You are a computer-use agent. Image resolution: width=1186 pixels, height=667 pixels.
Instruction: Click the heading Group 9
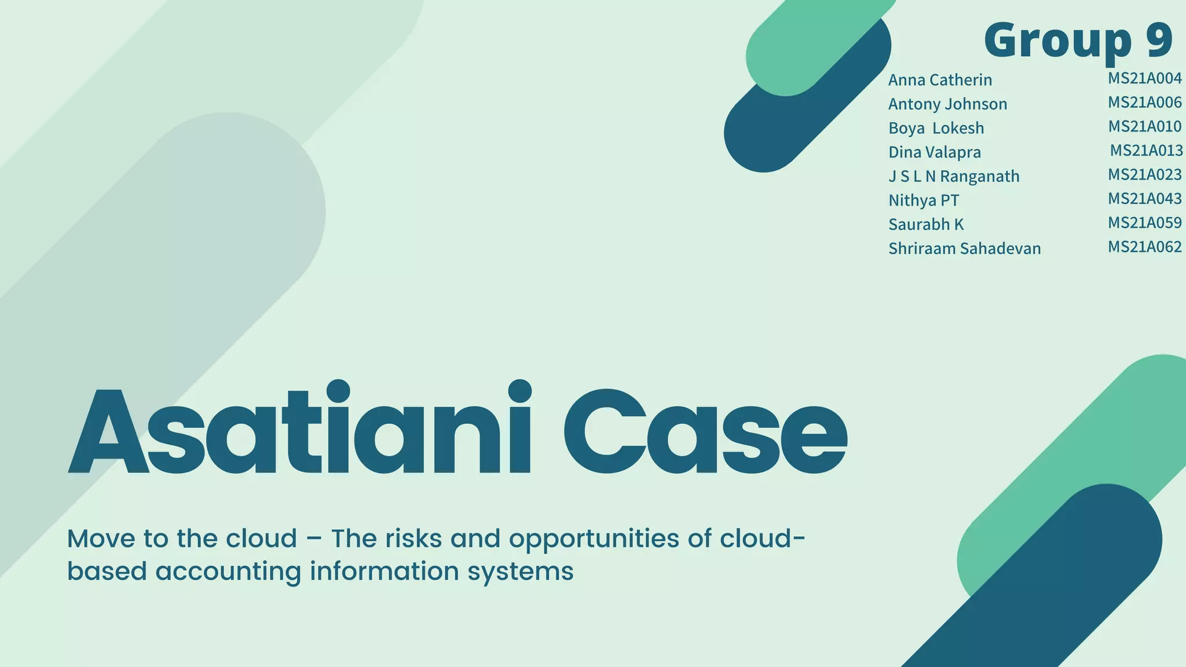[1078, 40]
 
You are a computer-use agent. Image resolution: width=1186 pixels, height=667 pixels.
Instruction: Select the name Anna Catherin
[940, 80]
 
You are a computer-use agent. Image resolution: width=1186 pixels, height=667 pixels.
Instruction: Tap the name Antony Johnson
[947, 104]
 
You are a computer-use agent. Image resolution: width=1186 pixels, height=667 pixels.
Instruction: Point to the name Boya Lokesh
[936, 128]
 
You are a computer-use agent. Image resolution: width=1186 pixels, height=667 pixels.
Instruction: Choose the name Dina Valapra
[935, 152]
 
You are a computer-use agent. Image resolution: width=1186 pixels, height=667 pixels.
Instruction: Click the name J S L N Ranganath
[954, 176]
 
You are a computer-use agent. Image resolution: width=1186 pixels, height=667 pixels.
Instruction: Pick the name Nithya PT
[924, 200]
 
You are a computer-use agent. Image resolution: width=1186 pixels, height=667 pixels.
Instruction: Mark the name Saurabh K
[926, 225]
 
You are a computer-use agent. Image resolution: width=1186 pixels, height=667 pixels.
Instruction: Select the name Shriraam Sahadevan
[964, 248]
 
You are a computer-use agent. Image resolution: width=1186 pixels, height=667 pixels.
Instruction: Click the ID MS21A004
[1144, 78]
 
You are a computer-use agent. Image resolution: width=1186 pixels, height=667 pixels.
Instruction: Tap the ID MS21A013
[1146, 151]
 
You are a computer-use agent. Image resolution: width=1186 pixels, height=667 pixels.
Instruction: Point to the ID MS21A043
[1144, 199]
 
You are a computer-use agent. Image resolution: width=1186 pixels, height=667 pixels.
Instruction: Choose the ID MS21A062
[1144, 247]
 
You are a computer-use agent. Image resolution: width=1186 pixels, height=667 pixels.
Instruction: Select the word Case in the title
[705, 431]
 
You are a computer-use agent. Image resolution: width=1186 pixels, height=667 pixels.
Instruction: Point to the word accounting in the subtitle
[228, 571]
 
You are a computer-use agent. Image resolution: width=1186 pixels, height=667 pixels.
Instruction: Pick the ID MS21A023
[1144, 174]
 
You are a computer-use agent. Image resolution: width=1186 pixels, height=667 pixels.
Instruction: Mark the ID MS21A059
[1144, 223]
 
